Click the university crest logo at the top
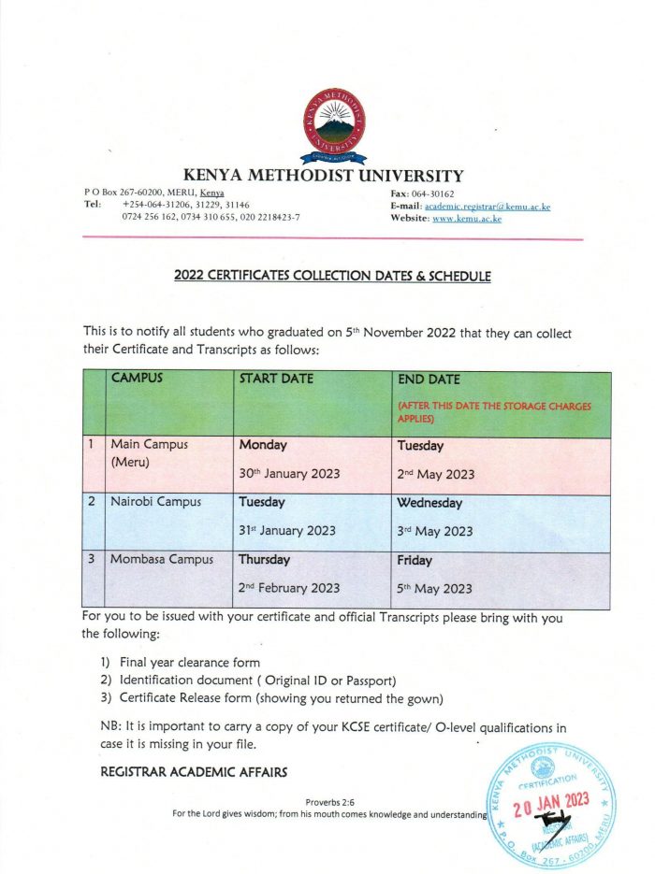click(x=334, y=126)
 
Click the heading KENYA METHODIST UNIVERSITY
click(x=323, y=175)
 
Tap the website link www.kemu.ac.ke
click(x=467, y=218)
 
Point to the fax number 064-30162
click(x=446, y=192)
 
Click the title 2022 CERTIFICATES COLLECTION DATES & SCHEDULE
click(x=332, y=276)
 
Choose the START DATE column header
click(x=276, y=379)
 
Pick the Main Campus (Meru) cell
click(x=149, y=452)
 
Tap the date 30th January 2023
click(x=286, y=474)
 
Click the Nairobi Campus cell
click(x=155, y=502)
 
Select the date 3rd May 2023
click(x=435, y=531)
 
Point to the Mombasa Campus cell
click(x=161, y=560)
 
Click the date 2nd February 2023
click(x=289, y=588)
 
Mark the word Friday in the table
click(x=415, y=561)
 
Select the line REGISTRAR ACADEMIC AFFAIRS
click(x=194, y=771)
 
